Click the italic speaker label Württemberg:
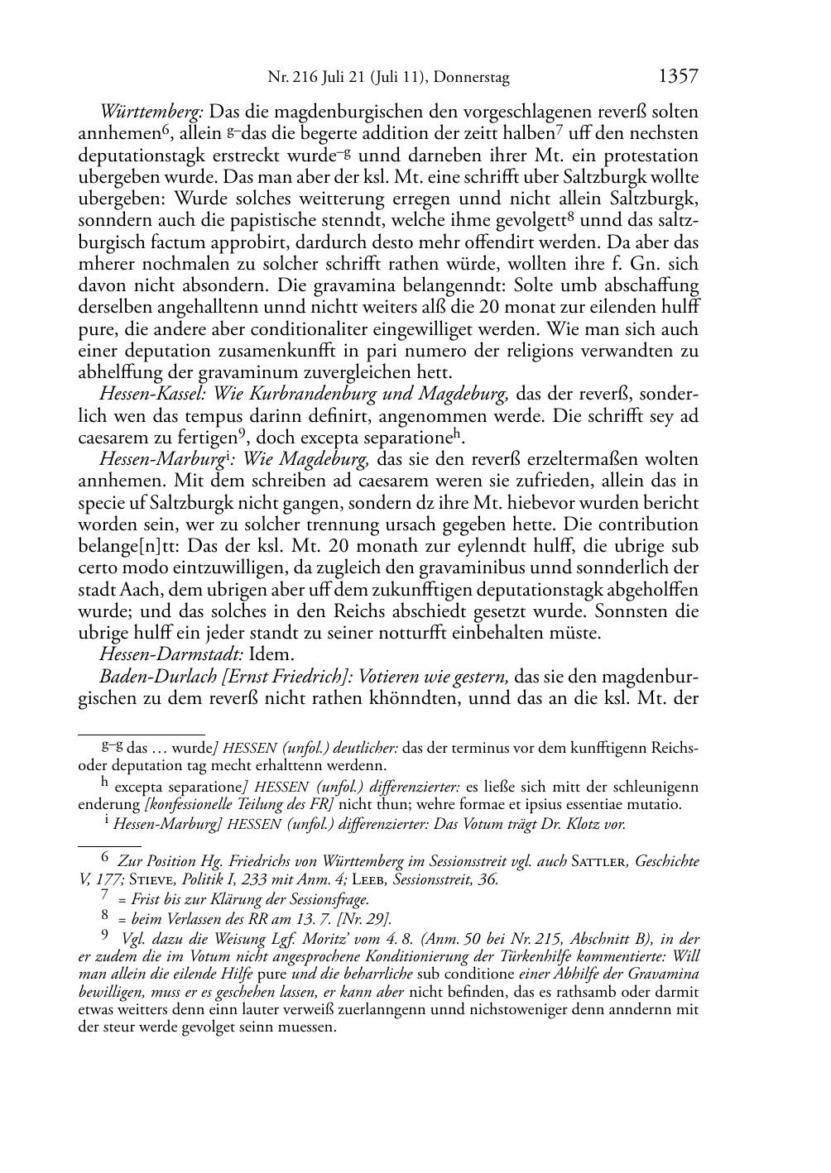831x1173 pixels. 152,112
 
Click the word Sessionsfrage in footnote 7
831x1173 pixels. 324,899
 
